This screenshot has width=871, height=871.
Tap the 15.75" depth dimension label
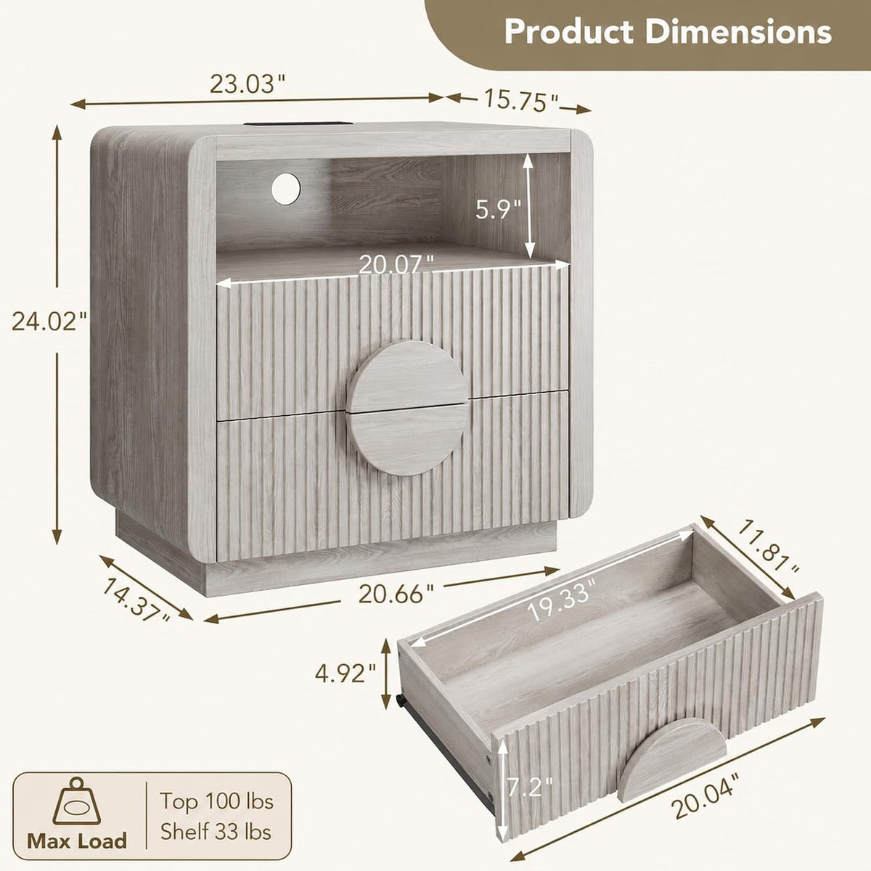522,101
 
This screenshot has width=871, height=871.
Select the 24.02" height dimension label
49,322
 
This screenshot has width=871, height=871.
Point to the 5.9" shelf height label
498,209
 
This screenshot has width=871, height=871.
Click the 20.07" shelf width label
396,265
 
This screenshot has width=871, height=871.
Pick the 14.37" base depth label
136,600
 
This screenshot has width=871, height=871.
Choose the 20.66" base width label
396,594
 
